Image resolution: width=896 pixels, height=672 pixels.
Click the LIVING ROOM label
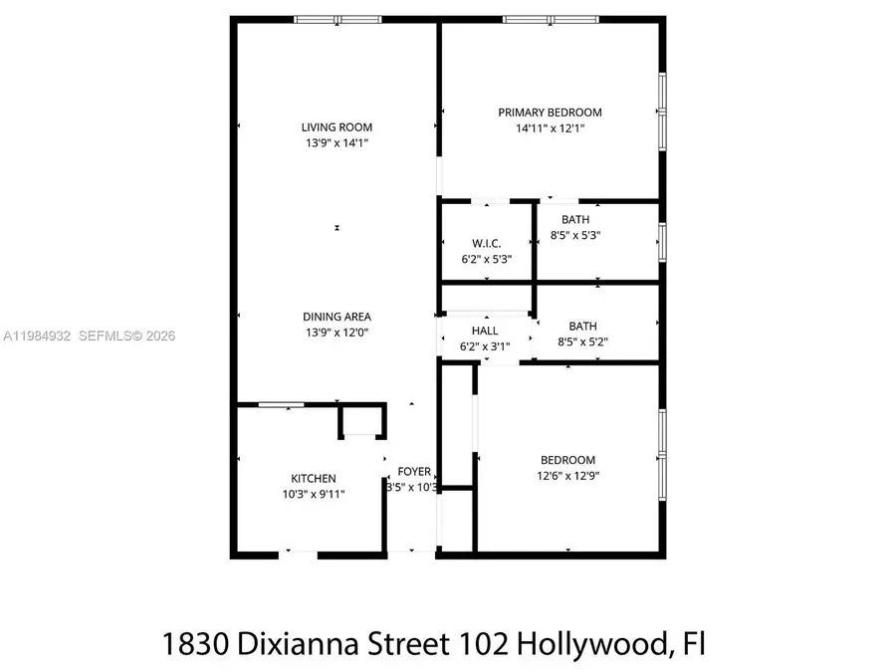click(336, 126)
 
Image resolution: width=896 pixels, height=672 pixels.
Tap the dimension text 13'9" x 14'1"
click(336, 143)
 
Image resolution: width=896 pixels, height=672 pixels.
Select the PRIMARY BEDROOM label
click(550, 112)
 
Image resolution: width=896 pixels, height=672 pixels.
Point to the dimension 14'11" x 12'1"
click(550, 128)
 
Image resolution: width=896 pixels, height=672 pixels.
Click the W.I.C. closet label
click(486, 244)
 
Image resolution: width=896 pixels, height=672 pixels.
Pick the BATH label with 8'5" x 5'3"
click(574, 220)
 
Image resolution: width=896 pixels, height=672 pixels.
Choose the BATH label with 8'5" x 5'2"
click(582, 326)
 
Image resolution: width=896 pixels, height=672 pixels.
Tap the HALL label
click(485, 331)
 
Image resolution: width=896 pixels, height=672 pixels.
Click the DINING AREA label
click(336, 317)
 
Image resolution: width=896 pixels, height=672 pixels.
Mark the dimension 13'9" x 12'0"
click(336, 333)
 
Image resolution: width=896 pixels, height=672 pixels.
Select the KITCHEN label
click(313, 478)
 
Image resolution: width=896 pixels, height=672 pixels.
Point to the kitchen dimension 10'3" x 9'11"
click(313, 494)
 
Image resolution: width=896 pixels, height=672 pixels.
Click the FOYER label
click(414, 472)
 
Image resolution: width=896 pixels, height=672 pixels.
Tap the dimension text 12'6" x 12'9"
click(567, 476)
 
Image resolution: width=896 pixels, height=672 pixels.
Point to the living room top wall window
click(337, 19)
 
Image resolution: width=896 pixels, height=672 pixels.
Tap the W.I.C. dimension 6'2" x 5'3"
click(486, 260)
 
